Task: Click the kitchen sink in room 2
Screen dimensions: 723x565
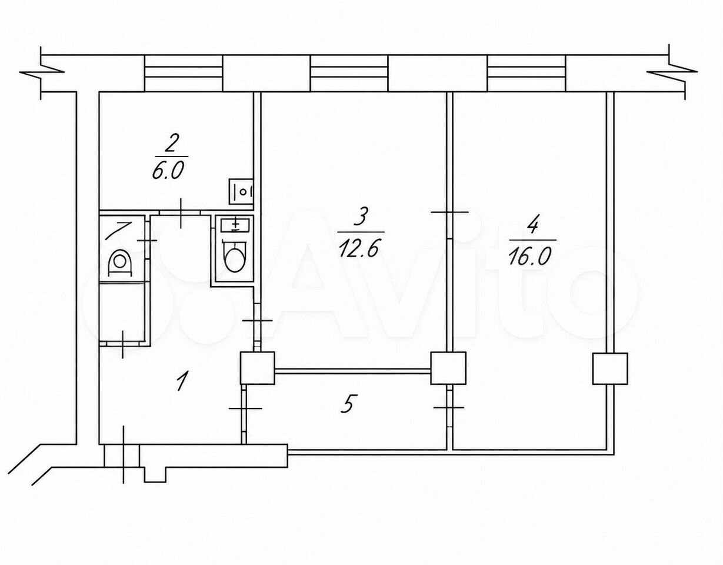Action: tap(241, 191)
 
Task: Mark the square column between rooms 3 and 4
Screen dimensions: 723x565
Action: tap(448, 368)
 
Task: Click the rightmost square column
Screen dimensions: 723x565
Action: tap(610, 368)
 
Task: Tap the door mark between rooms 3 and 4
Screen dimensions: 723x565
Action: tap(449, 212)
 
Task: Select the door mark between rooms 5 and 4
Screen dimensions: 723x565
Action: tap(449, 407)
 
